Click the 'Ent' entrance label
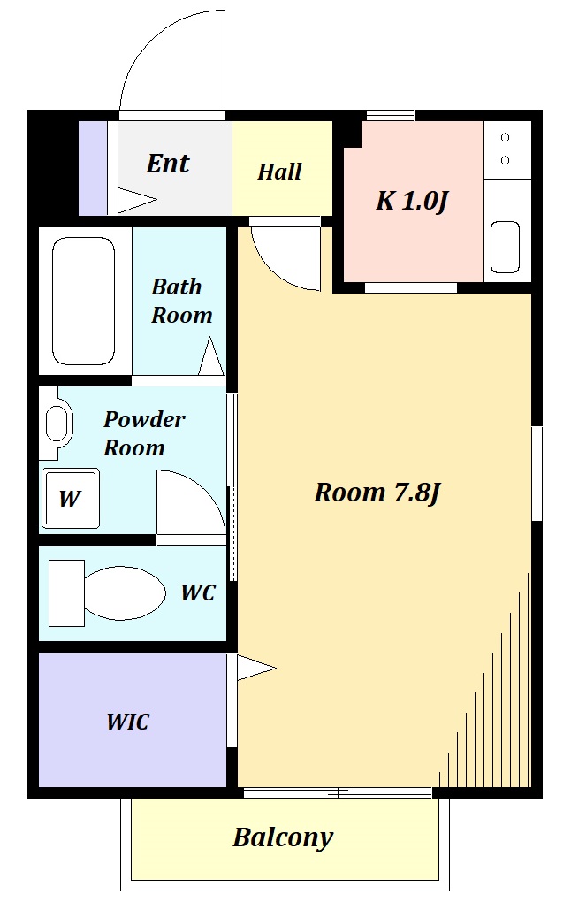[x=167, y=164]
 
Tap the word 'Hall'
[x=279, y=172]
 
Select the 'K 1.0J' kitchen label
[x=412, y=202]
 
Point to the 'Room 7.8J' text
[x=377, y=493]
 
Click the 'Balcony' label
[x=283, y=837]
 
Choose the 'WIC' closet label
[x=127, y=722]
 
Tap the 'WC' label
[x=198, y=592]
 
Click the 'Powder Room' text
[x=144, y=433]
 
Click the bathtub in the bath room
[x=83, y=301]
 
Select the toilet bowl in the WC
[x=125, y=593]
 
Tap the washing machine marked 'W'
[x=71, y=498]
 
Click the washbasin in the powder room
[x=57, y=424]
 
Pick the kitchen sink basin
[x=505, y=247]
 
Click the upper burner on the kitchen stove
[x=505, y=137]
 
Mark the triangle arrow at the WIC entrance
[x=256, y=668]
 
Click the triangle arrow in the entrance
[x=137, y=200]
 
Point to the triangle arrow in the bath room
[x=211, y=356]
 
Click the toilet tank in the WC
[x=66, y=593]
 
